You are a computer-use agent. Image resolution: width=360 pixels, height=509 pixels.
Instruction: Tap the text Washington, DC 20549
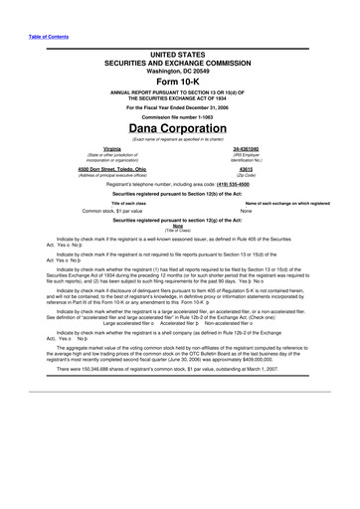click(x=181, y=71)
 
